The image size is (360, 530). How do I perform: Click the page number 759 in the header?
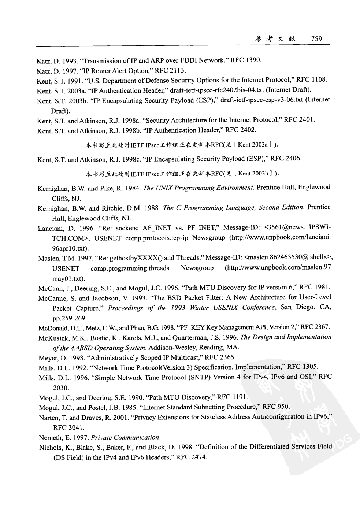(316, 39)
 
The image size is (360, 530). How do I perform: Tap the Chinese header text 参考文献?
(275, 39)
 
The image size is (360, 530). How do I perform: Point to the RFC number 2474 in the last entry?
(198, 457)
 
